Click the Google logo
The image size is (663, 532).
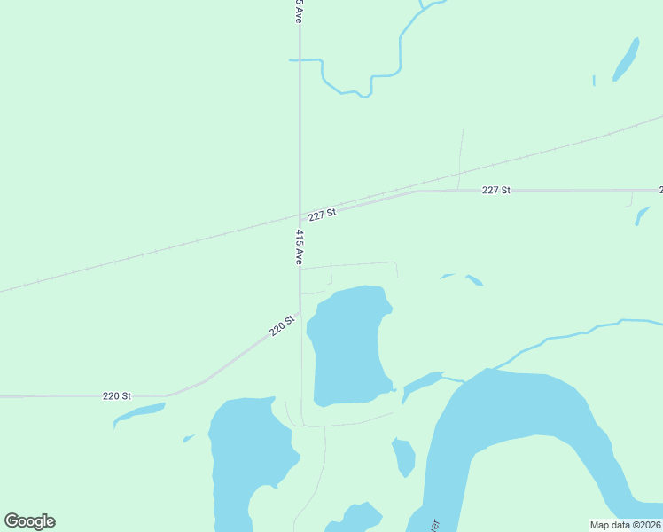tap(29, 521)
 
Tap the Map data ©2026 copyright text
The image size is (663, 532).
tap(626, 525)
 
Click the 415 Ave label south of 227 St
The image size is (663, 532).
tap(300, 247)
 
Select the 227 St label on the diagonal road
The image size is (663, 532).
tap(323, 215)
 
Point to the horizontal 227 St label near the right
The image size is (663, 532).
tap(496, 191)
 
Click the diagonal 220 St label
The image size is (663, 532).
tap(282, 326)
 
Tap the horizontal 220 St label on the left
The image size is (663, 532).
tap(117, 395)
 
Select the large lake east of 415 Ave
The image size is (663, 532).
tap(347, 346)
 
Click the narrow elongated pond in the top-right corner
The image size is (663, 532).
tap(626, 59)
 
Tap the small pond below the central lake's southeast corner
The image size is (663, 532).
tap(404, 457)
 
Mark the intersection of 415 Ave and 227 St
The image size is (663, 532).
tap(300, 215)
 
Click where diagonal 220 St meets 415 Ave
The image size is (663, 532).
tap(300, 312)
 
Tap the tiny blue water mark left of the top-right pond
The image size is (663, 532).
tap(594, 81)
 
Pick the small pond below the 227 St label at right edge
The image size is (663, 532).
tap(643, 214)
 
